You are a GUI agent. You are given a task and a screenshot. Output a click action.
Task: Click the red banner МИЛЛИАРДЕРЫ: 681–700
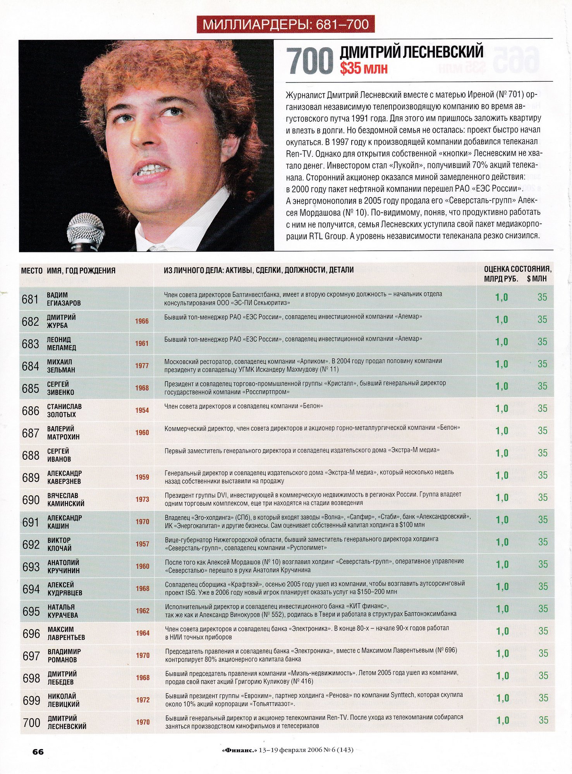pos(286,24)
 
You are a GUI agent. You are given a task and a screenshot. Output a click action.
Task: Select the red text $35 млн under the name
pos(364,68)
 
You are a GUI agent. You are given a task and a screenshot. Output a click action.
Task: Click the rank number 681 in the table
pos(30,299)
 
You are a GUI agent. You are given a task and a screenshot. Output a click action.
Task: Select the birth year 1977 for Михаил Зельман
pos(142,366)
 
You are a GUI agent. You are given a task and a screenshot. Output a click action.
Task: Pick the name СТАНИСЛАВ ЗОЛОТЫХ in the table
pos(64,411)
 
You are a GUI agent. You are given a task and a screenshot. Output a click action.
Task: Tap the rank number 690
pos(31,500)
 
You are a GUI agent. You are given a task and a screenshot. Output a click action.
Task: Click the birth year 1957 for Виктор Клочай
pos(142,544)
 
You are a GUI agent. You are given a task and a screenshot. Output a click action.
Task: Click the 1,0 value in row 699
pos(503,698)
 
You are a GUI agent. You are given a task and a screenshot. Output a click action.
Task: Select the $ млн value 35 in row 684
pos(542,364)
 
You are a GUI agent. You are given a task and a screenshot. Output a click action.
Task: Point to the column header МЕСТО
pos(32,271)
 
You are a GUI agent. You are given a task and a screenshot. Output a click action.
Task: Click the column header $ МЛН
pos(537,279)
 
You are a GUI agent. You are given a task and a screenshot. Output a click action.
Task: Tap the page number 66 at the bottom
pos(38,752)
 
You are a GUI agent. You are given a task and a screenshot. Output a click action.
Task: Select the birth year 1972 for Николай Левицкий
pos(143,700)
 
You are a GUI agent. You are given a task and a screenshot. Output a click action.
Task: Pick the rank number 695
pos(31,611)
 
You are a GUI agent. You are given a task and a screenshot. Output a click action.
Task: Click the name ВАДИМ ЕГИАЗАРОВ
pos(64,299)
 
